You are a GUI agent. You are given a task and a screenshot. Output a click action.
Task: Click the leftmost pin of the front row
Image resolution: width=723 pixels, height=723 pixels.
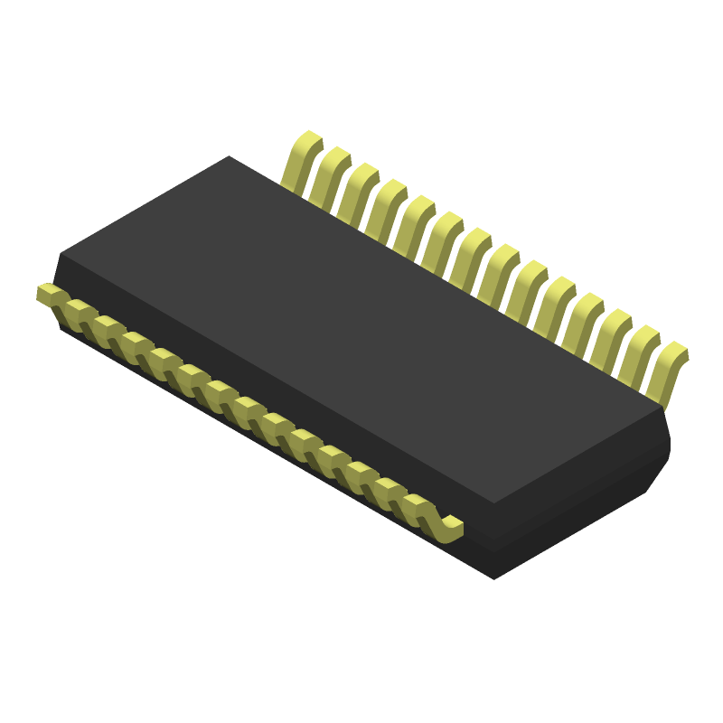[x=50, y=294]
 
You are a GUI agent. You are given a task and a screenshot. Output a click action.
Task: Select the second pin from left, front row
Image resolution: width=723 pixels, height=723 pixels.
[x=80, y=310]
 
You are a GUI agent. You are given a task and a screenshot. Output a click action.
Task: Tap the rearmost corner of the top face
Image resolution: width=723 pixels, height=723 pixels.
[x=229, y=156]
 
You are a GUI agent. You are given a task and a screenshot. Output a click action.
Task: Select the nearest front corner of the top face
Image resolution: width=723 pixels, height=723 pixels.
[x=494, y=502]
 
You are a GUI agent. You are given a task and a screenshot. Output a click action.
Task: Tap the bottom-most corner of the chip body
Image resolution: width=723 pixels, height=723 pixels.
[x=493, y=578]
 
